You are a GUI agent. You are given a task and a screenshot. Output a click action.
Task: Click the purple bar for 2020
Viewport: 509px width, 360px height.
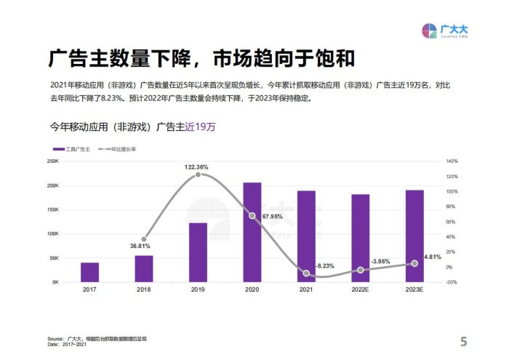(x=252, y=232)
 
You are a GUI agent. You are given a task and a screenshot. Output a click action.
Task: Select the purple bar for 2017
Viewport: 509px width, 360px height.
(x=89, y=272)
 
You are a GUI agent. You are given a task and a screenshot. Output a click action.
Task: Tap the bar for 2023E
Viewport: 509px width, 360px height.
(x=414, y=236)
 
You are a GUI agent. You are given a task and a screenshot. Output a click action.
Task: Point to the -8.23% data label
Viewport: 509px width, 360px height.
(x=324, y=266)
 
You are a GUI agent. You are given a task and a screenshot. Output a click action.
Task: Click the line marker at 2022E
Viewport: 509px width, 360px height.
(x=360, y=270)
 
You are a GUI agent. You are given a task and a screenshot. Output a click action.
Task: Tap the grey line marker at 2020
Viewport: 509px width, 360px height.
(x=252, y=216)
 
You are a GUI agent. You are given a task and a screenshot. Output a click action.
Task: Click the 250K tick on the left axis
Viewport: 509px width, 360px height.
(x=52, y=161)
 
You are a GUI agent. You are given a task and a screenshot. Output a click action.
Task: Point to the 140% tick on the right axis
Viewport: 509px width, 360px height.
(x=452, y=161)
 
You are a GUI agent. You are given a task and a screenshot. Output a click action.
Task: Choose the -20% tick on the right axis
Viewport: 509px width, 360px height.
(x=452, y=282)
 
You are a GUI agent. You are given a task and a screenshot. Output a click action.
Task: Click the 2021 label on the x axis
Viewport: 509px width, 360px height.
(x=306, y=290)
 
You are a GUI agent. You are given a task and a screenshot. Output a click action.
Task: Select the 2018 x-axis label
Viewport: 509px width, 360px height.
(x=144, y=290)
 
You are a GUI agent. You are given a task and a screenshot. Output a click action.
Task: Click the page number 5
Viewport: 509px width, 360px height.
(x=463, y=341)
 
